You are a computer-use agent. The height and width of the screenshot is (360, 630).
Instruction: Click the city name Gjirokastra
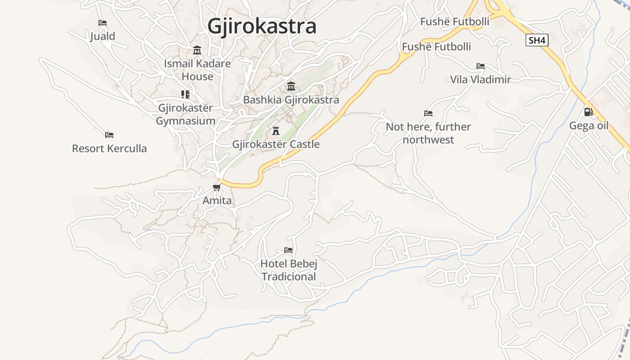coord(262,26)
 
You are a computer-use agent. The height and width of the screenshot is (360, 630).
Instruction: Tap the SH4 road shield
coord(537,40)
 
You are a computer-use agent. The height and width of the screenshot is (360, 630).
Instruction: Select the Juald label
coord(103,36)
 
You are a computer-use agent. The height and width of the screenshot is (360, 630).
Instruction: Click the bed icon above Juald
coord(103,22)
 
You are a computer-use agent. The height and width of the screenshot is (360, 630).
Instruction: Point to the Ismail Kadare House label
coord(197,70)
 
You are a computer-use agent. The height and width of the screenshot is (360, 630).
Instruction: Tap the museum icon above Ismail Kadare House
coord(197,50)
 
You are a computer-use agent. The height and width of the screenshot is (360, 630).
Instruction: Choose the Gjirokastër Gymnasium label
coord(185,114)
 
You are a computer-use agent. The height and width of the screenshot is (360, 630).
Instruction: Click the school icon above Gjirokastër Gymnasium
coord(185,94)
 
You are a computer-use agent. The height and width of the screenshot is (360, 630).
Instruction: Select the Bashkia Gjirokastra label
coord(291,99)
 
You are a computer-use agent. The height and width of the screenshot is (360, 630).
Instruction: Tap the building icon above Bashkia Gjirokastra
coord(291,86)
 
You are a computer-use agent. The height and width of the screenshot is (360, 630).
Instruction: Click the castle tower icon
coord(276,131)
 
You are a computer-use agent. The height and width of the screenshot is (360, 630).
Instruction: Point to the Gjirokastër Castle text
coord(276,144)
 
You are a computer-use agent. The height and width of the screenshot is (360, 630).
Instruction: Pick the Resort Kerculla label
coord(109,148)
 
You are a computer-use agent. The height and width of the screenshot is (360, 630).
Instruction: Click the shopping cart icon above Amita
coord(217,187)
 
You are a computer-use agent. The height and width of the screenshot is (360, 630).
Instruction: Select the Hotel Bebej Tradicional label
coord(288,270)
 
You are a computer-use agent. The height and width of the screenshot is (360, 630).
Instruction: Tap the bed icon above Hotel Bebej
coord(288,250)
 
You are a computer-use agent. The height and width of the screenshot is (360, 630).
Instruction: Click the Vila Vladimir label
coord(481,80)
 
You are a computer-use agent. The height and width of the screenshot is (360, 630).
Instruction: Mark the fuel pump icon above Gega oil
coord(588,112)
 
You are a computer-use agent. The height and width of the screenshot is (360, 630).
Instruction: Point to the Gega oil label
coord(589,125)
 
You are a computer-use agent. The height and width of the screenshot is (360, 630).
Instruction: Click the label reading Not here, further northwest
coord(428,133)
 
